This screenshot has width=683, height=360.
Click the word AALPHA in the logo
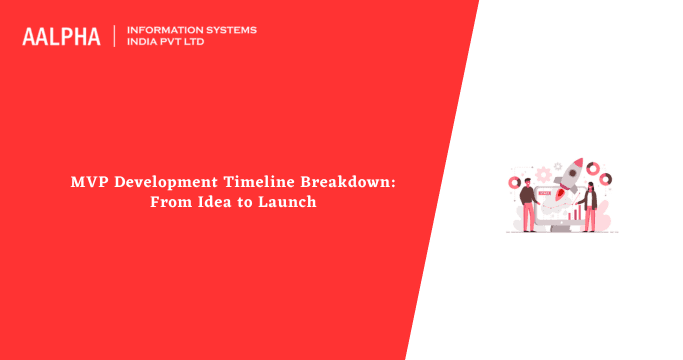coord(61,36)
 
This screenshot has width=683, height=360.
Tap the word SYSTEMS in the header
coord(229,30)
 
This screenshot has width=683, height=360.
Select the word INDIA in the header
coord(143,43)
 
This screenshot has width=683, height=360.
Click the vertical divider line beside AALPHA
coord(114,36)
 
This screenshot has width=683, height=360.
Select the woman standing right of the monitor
coord(591,207)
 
